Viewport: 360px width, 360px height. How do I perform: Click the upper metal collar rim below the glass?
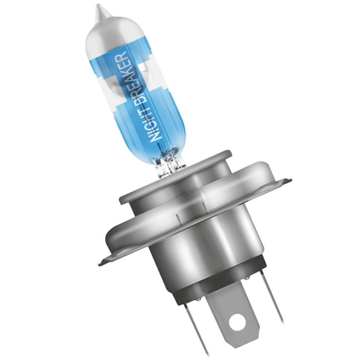[173, 180]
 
